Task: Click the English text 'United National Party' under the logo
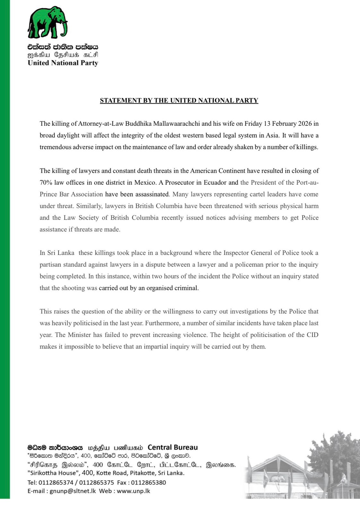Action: [x=63, y=63]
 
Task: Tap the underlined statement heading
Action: [x=179, y=100]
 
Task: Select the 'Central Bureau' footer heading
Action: [x=173, y=447]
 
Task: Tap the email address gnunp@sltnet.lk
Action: [x=73, y=491]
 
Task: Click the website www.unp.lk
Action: [x=133, y=491]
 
